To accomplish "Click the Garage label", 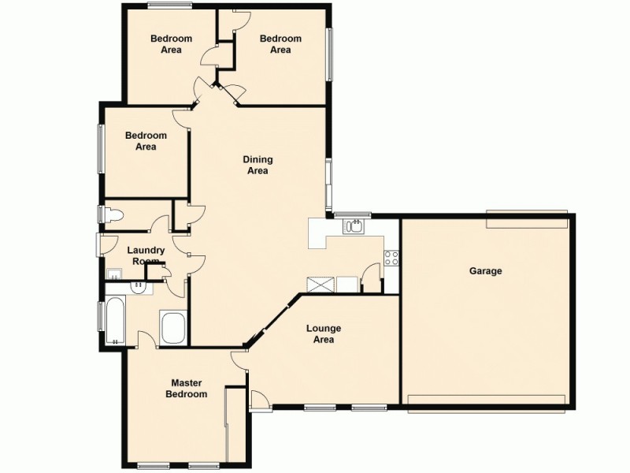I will (486, 271).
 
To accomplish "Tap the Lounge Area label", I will (323, 334).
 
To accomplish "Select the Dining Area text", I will (258, 165).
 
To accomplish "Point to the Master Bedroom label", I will (187, 389).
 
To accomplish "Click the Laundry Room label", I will (146, 255).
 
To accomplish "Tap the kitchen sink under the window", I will (353, 228).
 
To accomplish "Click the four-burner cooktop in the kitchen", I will (391, 257).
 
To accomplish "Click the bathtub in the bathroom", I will (116, 322).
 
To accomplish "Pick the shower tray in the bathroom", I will (173, 327).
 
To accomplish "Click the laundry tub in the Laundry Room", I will (114, 274).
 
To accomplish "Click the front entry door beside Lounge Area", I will (259, 400).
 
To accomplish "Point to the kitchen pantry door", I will (370, 278).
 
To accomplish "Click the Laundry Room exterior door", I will (99, 244).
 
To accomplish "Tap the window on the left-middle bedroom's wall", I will (101, 148).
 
